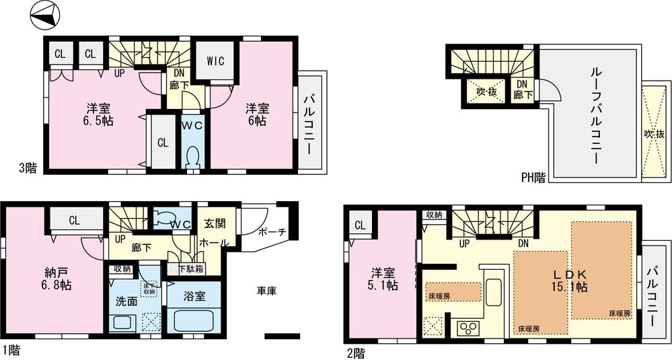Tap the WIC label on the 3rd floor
(215, 61)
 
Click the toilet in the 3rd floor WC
(193, 157)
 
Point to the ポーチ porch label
(273, 232)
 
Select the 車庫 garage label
(266, 291)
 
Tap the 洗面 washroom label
(127, 301)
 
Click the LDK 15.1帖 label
(570, 280)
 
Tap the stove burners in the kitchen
(467, 328)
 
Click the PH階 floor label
(533, 178)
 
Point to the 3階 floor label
(28, 169)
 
